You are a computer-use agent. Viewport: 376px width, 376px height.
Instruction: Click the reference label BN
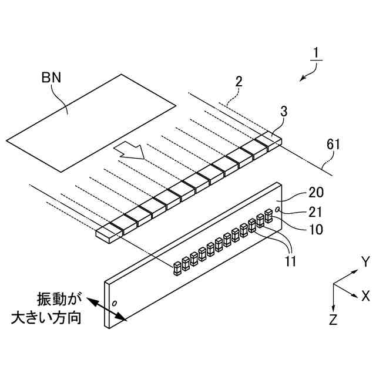pos(51,78)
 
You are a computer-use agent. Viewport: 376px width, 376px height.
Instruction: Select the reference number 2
pos(239,82)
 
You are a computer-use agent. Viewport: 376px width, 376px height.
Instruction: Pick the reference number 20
pos(316,193)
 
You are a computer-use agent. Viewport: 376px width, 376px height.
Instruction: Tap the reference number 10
pos(315,229)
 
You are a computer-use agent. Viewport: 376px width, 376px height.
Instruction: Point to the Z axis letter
pos(333,320)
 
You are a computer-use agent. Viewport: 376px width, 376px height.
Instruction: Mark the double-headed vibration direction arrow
pos(107,309)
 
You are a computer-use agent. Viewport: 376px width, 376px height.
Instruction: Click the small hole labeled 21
pos(278,210)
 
